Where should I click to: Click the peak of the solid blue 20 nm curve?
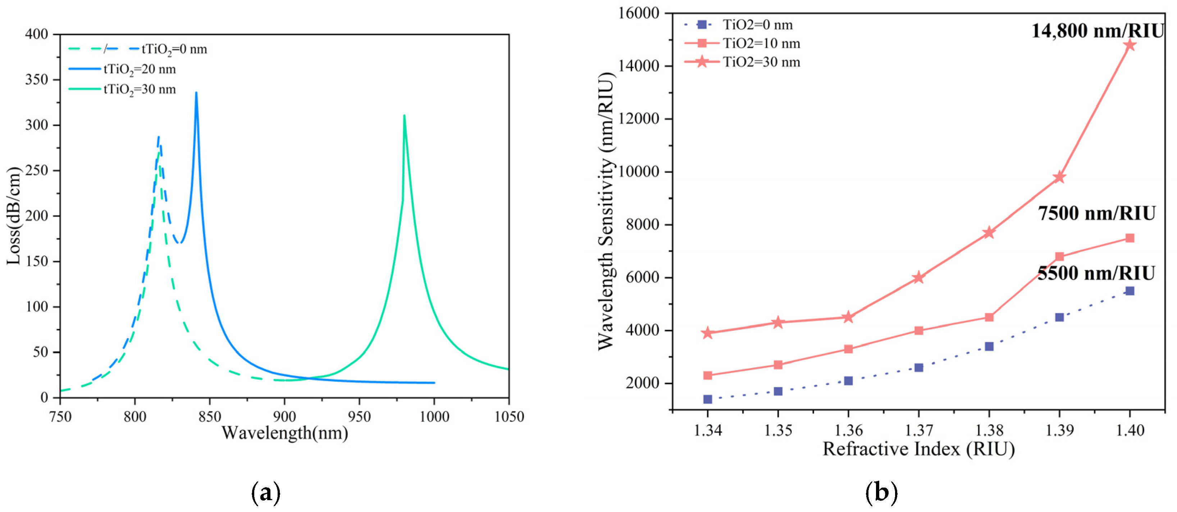pos(196,93)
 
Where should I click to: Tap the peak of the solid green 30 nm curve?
pos(404,116)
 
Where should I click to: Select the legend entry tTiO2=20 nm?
pos(140,69)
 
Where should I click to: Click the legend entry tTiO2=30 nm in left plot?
pos(140,89)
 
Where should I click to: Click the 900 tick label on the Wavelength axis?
pos(284,416)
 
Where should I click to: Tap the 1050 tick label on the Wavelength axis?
pos(509,416)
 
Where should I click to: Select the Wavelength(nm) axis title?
pos(285,433)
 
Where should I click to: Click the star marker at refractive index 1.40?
pos(1130,45)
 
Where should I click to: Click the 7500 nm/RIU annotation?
pos(1096,213)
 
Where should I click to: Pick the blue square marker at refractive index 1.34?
pos(708,399)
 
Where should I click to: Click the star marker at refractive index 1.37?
pos(919,278)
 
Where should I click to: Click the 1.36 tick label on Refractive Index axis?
pos(848,430)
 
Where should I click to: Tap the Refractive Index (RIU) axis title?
pos(918,450)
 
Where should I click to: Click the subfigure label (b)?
pos(881,493)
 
